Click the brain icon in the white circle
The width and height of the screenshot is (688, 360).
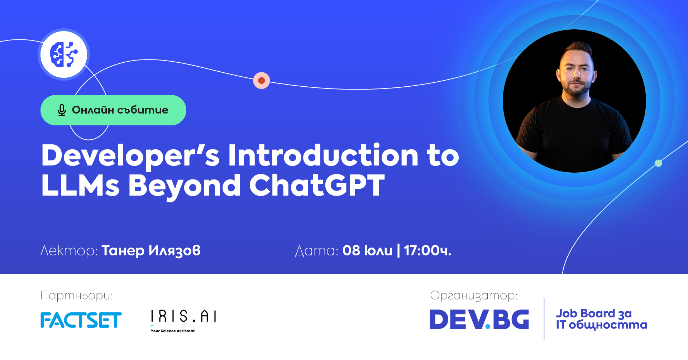64,54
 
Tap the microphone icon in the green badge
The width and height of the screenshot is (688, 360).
62,110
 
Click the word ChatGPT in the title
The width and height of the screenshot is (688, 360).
317,185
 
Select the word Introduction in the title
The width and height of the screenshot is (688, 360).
323,155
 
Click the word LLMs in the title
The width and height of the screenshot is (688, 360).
80,185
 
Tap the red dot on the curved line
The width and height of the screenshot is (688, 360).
262,81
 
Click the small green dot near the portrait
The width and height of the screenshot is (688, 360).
658,163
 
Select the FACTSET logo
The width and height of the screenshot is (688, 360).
81,320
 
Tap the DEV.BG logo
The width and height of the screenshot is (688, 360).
479,319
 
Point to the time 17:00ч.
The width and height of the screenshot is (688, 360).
427,251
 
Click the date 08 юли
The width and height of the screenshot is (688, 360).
367,251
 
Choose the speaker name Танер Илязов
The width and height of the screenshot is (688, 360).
151,251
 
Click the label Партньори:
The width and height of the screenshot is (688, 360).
77,296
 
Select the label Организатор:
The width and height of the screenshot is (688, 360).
474,296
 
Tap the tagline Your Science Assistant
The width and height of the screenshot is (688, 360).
173,331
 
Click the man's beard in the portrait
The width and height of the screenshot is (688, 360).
576,86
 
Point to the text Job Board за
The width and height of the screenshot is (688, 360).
594,314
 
